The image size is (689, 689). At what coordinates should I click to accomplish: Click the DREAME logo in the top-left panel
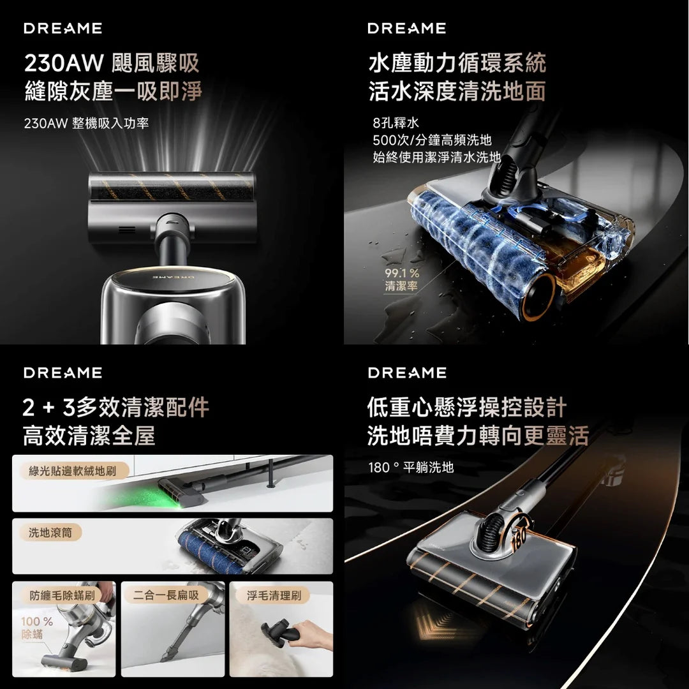click(x=63, y=28)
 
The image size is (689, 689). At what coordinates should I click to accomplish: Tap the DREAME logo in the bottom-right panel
click(x=407, y=373)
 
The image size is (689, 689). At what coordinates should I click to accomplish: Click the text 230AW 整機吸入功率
click(x=86, y=123)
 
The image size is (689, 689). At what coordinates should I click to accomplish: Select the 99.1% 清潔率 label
click(x=401, y=280)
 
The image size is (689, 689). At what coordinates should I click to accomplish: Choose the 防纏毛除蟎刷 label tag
click(x=63, y=595)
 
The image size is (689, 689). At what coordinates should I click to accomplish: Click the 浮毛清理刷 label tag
click(x=274, y=595)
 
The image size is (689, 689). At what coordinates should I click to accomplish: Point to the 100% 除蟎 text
click(x=36, y=628)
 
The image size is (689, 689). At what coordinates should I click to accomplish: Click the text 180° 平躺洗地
click(x=411, y=468)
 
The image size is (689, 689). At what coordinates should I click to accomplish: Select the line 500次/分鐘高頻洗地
click(x=432, y=140)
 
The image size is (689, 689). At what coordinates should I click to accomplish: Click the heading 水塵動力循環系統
click(x=457, y=63)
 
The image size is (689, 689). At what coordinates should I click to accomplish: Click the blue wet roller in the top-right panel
click(x=472, y=255)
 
